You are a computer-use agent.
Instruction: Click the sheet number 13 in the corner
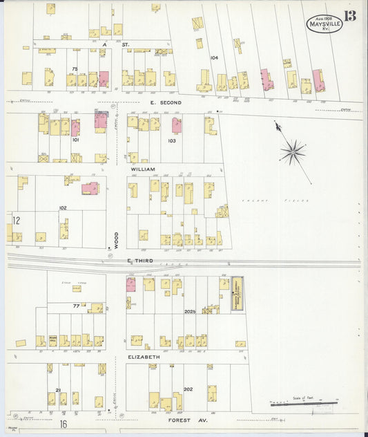pyautogui.click(x=351, y=15)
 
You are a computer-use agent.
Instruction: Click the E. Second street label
pyautogui.click(x=166, y=102)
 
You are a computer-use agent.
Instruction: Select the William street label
pyautogui.click(x=142, y=168)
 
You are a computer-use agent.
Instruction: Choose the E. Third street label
pyautogui.click(x=140, y=261)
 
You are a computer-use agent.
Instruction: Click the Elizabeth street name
pyautogui.click(x=143, y=357)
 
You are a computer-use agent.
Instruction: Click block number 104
pyautogui.click(x=214, y=58)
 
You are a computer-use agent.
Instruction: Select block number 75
pyautogui.click(x=74, y=68)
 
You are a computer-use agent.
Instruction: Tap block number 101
pyautogui.click(x=76, y=140)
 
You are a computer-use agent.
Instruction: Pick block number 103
pyautogui.click(x=171, y=140)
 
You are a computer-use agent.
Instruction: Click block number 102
pyautogui.click(x=62, y=207)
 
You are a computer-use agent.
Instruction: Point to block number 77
pyautogui.click(x=76, y=305)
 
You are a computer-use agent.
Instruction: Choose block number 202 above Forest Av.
pyautogui.click(x=188, y=389)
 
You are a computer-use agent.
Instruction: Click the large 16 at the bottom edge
pyautogui.click(x=63, y=424)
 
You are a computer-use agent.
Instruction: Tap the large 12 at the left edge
pyautogui.click(x=15, y=221)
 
